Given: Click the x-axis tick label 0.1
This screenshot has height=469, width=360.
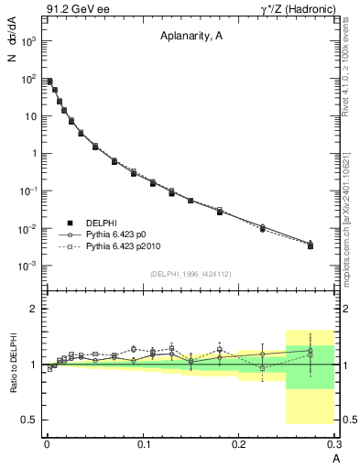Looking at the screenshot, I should point(143,443).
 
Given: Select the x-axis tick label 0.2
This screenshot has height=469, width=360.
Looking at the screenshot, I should point(238,443).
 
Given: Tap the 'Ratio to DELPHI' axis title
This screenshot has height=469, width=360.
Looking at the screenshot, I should point(12,365).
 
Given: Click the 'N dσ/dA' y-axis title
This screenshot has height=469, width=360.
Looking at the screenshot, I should point(11,46).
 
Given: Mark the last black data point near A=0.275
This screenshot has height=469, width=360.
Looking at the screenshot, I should point(310,245).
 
